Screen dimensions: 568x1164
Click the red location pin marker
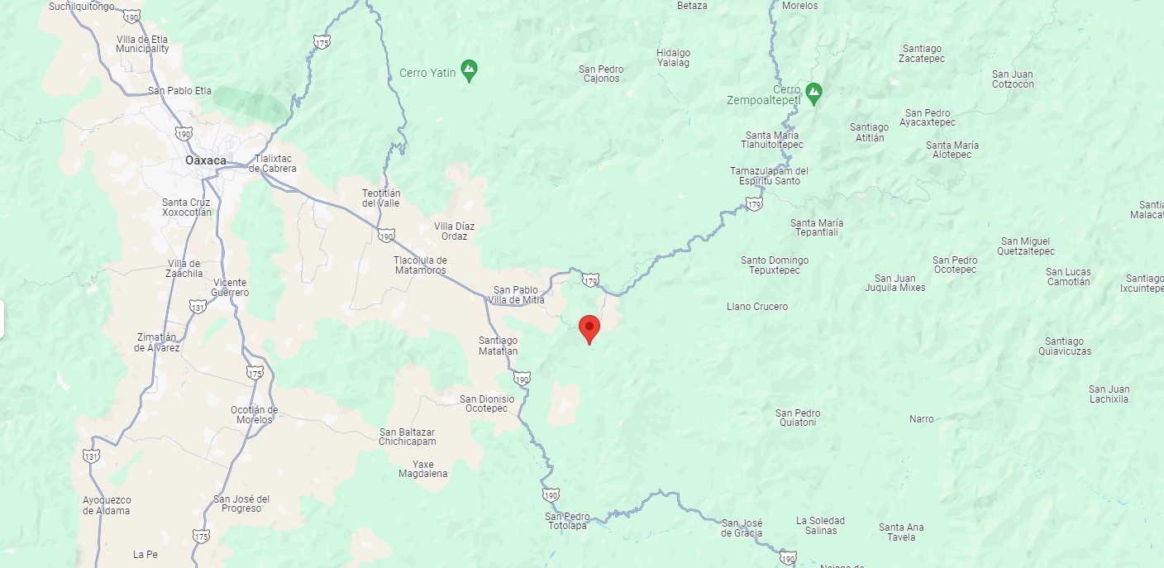tap(589, 327)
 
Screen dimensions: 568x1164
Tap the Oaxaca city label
tap(206, 160)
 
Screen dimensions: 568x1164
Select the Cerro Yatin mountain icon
tap(470, 72)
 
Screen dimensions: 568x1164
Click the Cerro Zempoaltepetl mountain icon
tap(813, 93)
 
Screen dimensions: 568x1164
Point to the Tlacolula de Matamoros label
tap(419, 265)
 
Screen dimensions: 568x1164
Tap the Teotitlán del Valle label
tap(381, 198)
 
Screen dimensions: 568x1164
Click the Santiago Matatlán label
tap(498, 346)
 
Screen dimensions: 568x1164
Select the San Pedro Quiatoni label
tap(798, 418)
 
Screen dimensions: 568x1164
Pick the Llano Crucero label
tap(757, 307)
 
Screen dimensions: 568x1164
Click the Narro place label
tap(922, 419)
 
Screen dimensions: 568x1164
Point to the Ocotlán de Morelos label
tap(254, 414)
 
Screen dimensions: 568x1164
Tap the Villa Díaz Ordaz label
tap(454, 231)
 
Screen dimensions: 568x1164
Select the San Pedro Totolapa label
tap(567, 521)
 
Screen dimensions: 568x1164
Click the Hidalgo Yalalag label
tap(673, 58)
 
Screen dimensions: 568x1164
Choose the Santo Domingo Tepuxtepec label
tap(775, 265)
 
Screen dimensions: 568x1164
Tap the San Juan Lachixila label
tap(1109, 394)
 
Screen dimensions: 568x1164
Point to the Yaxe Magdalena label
tap(422, 469)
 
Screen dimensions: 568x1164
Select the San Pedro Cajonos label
tap(601, 74)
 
